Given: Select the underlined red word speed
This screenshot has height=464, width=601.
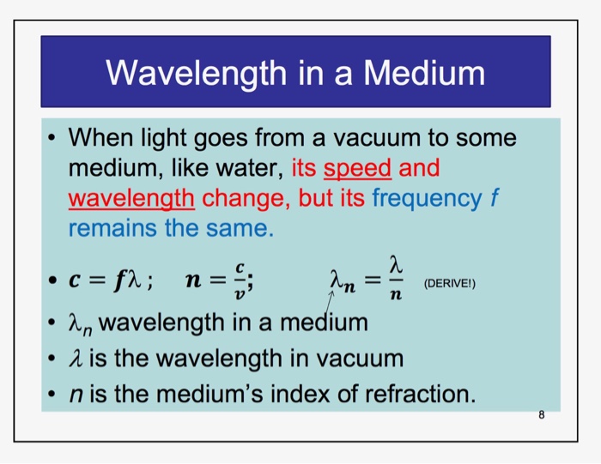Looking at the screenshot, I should (361, 167).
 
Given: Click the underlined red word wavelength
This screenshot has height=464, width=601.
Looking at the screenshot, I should (131, 198).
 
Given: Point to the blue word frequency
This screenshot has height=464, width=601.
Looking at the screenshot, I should (427, 198).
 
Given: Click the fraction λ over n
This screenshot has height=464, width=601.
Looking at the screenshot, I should (395, 275).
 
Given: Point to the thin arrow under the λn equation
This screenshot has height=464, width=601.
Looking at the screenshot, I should (326, 302).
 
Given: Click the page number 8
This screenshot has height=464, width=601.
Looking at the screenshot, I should (541, 416).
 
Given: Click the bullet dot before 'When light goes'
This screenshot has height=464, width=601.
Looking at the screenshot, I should (54, 138).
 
